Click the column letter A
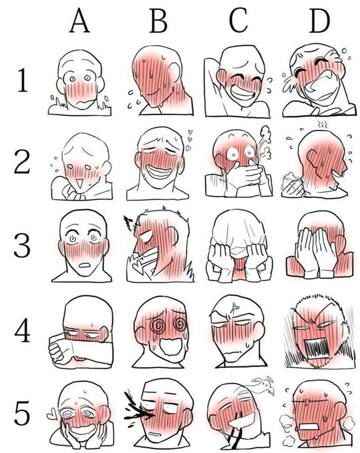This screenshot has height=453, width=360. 80,22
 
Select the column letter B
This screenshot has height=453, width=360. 157,22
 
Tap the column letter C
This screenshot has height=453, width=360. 238,22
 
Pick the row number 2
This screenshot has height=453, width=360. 22,162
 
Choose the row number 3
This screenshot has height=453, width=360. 22,244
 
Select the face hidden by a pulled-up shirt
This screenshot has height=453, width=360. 233,240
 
